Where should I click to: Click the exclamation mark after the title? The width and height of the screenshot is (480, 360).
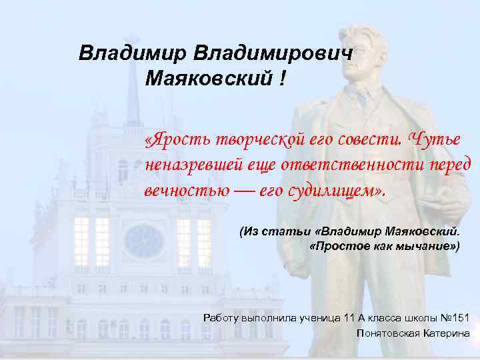283,80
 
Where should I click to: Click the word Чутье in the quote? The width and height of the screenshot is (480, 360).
433,140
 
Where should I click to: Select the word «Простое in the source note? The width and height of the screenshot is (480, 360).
339,246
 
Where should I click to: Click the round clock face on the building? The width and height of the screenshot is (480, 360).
144,241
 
